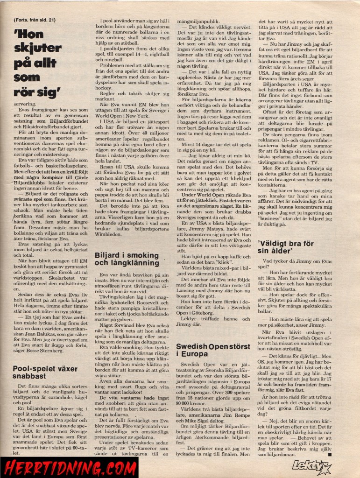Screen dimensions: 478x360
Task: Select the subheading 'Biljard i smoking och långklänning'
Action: pos(127,260)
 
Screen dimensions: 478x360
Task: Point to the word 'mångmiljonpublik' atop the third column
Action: pos(196,21)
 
